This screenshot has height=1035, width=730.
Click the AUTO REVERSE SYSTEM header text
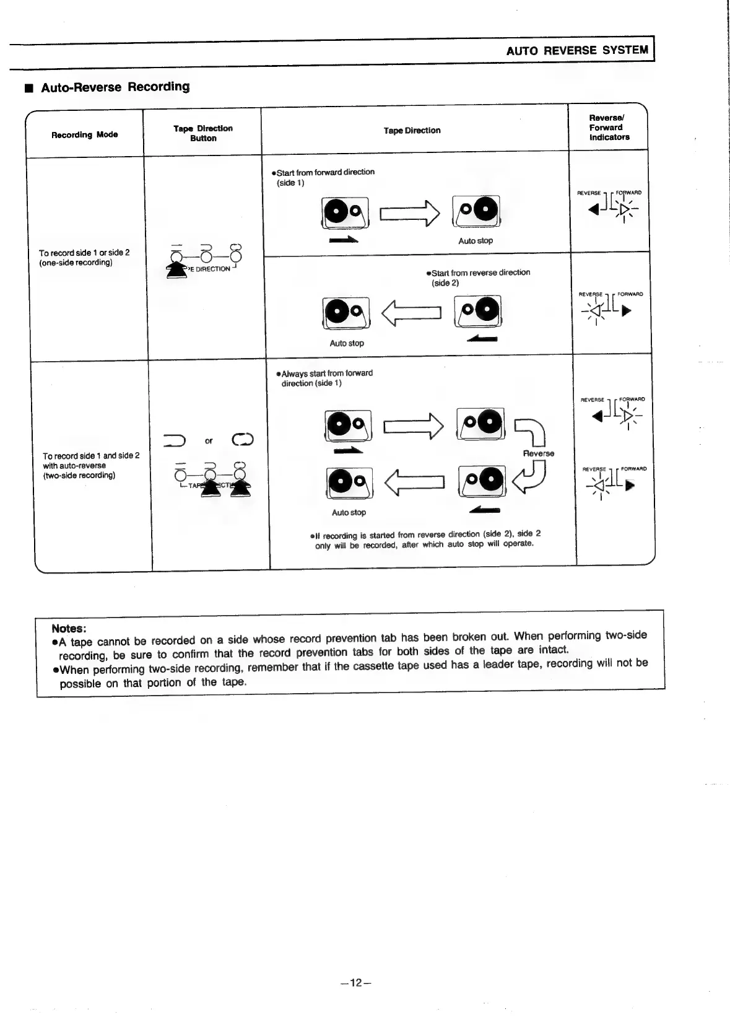pyautogui.click(x=576, y=51)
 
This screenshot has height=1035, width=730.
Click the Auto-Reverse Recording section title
pyautogui.click(x=115, y=87)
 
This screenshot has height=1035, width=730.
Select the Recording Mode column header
pyautogui.click(x=84, y=134)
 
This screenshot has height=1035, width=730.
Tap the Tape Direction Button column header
pyautogui.click(x=203, y=133)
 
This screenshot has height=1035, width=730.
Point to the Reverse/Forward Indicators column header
pyautogui.click(x=609, y=128)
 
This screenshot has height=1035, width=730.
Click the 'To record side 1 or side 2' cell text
pyautogui.click(x=84, y=258)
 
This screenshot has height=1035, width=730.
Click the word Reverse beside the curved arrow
pyautogui.click(x=538, y=453)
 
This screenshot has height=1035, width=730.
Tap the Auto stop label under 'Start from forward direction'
pyautogui.click(x=475, y=241)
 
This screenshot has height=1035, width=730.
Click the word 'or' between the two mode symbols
pyautogui.click(x=209, y=441)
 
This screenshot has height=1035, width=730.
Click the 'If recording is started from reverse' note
pyautogui.click(x=425, y=539)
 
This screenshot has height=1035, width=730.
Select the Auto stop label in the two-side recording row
pyautogui.click(x=349, y=512)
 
